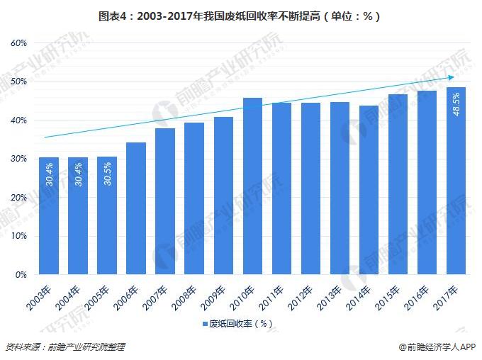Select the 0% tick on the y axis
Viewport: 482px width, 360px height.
click(21, 274)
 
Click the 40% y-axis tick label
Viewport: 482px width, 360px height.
click(19, 120)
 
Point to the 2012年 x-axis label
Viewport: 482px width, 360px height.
click(301, 295)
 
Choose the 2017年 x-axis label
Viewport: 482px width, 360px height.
click(447, 295)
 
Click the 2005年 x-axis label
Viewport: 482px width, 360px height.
click(98, 295)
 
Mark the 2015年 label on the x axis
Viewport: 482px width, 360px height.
click(388, 295)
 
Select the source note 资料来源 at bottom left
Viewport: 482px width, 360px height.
click(65, 347)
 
